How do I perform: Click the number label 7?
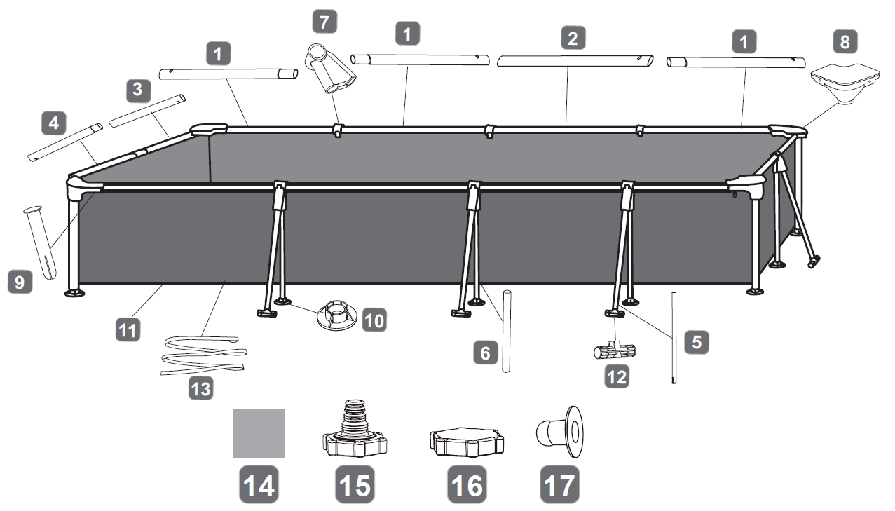coord(323,22)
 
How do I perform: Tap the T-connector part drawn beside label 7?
coord(329,69)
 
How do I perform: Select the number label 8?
coord(845,42)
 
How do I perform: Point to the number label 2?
coord(573,38)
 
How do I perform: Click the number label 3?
coord(137,89)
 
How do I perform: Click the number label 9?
coord(19,282)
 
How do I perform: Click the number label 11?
coord(127,329)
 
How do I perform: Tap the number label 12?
coord(617,377)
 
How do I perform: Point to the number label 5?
coord(697,341)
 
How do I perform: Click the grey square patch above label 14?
coord(259,433)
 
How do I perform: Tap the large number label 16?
coord(467,484)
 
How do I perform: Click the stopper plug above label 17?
coord(560,429)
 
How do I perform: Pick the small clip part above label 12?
coord(615,349)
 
